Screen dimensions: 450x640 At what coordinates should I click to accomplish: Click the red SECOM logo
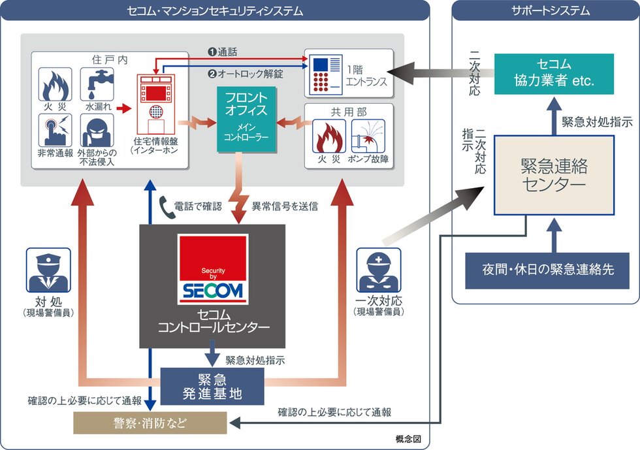[x=212, y=268]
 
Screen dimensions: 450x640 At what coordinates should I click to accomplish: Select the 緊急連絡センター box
[x=554, y=175]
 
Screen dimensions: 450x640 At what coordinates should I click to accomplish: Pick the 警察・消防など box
[x=150, y=424]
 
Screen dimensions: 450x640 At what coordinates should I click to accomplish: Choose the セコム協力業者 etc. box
[x=554, y=73]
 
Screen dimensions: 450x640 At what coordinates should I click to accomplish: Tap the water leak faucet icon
[x=97, y=86]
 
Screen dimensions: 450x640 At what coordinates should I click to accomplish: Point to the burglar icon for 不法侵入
[x=97, y=131]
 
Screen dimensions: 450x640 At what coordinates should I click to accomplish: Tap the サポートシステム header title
[x=546, y=11]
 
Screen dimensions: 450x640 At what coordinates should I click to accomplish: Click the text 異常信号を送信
[x=285, y=206]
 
